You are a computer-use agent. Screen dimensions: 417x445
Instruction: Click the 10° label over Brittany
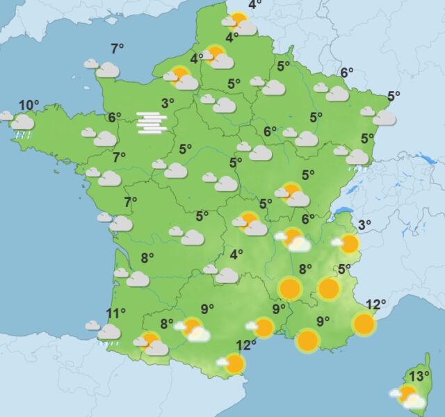click(x=29, y=106)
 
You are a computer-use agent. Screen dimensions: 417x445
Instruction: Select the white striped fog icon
click(x=152, y=122)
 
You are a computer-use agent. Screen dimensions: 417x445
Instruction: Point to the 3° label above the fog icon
click(x=168, y=103)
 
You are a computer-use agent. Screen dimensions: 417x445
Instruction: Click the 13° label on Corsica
click(x=419, y=377)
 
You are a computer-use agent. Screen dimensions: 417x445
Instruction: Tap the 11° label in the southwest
click(x=116, y=313)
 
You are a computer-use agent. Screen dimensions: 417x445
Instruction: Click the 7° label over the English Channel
click(x=118, y=48)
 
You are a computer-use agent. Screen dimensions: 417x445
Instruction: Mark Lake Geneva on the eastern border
click(x=343, y=210)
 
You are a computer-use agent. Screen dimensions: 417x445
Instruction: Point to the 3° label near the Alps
click(x=364, y=224)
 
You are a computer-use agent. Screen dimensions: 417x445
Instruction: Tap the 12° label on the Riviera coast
click(x=375, y=304)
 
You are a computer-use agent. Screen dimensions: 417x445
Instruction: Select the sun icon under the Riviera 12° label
click(x=364, y=323)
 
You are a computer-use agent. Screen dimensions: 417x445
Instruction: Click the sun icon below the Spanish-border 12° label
click(x=234, y=363)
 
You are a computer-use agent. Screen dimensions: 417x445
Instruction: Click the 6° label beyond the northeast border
click(x=347, y=72)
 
